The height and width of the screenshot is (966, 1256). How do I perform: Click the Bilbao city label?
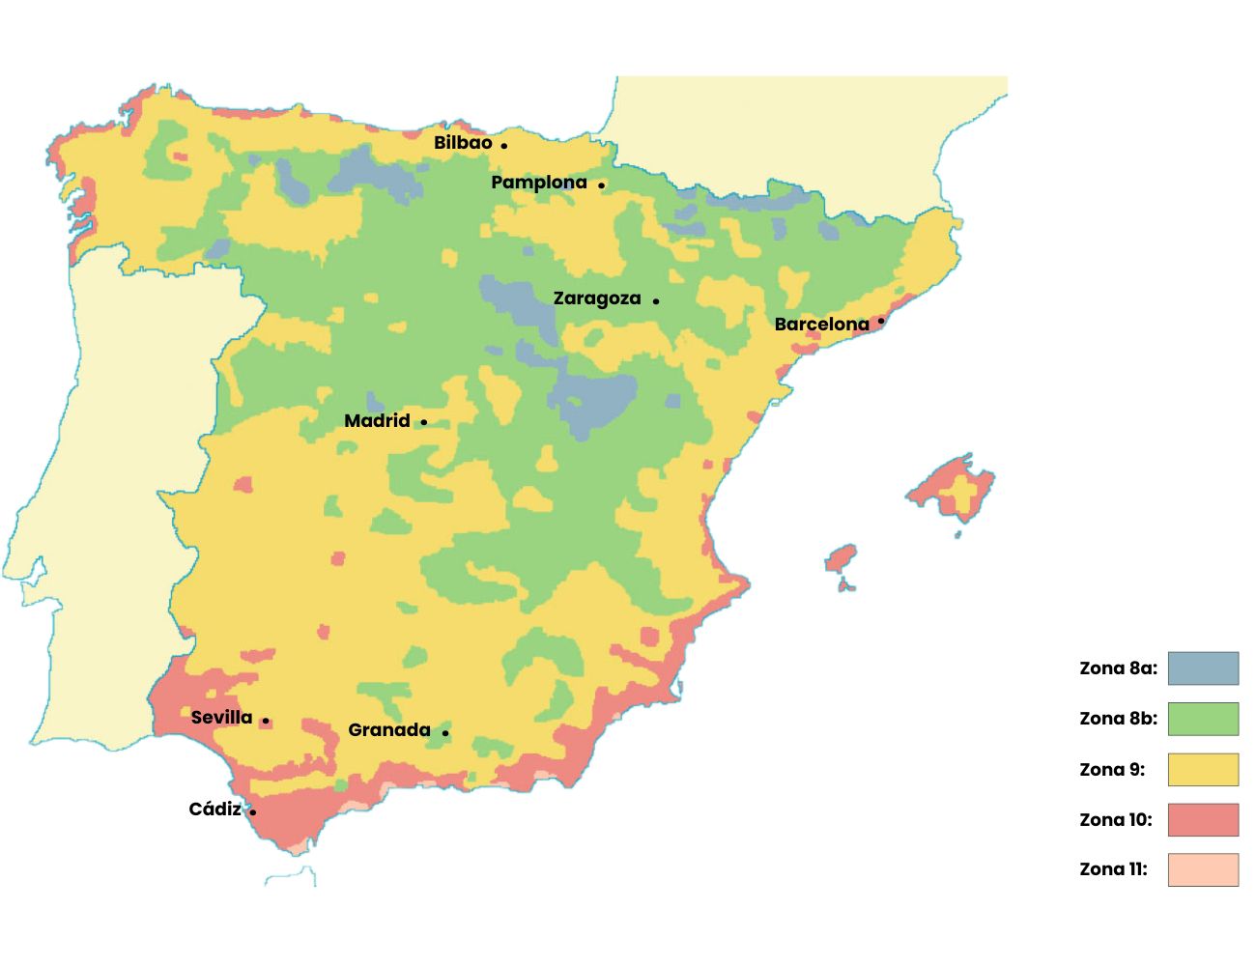(463, 143)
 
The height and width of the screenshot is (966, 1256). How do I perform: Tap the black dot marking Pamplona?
(601, 185)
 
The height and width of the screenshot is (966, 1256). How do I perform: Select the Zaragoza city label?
(596, 298)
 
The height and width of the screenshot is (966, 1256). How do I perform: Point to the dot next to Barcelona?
(880, 321)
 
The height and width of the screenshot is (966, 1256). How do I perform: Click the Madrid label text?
(377, 421)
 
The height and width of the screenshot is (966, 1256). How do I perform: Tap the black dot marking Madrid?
(423, 422)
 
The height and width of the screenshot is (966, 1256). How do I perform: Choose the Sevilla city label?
(221, 718)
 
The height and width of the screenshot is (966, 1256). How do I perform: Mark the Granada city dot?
(445, 733)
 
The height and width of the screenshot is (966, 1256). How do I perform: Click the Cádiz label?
(214, 810)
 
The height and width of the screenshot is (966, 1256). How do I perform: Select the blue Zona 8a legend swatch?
(1203, 668)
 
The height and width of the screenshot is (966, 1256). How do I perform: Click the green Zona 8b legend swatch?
(1203, 719)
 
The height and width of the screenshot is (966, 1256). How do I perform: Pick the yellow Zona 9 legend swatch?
(1203, 770)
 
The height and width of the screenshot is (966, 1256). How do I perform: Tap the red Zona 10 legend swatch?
(1203, 820)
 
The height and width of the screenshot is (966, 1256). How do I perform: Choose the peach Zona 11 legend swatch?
(1203, 869)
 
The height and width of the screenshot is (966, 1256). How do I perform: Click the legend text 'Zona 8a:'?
(1118, 668)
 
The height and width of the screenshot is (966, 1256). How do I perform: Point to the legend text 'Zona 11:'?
(1113, 869)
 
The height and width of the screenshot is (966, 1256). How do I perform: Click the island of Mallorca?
(952, 488)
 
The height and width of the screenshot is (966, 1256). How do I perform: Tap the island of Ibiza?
(841, 558)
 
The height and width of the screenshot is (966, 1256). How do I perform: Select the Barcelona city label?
(821, 325)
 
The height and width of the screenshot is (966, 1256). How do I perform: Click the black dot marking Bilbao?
(503, 146)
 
